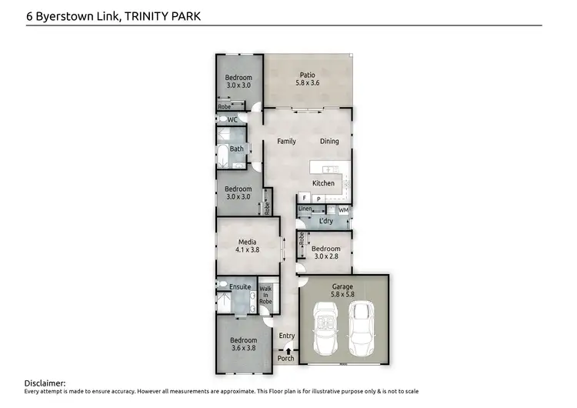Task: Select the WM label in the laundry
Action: point(343,209)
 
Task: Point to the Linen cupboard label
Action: point(305,209)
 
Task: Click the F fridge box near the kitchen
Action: point(305,199)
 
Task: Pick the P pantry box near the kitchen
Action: point(318,199)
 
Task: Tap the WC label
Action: point(232,120)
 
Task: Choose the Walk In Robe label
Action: point(265,295)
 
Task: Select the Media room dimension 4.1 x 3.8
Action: point(248,249)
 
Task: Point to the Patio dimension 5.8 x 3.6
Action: point(307,84)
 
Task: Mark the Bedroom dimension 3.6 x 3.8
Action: point(243,348)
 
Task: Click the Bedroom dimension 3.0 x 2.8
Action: point(325,257)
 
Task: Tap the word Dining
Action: point(329,141)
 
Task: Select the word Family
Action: point(286,141)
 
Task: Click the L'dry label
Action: point(325,222)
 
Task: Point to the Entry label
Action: point(286,336)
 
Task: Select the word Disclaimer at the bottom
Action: point(45,383)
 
